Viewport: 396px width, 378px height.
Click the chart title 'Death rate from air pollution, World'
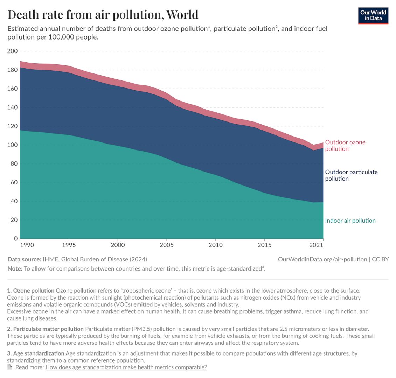pyautogui.click(x=103, y=14)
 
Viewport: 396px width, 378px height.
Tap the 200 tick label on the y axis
pyautogui.click(x=13, y=51)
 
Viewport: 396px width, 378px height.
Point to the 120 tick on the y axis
pyautogui.click(x=13, y=126)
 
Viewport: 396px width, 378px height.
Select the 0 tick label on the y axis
pyautogui.click(x=16, y=239)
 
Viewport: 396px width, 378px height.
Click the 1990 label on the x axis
pyautogui.click(x=27, y=245)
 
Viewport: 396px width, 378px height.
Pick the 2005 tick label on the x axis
pyautogui.click(x=167, y=245)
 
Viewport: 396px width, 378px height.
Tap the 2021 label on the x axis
pyautogui.click(x=316, y=245)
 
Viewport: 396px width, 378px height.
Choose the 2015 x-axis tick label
pyautogui.click(x=264, y=245)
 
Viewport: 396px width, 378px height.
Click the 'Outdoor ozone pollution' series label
pyautogui.click(x=345, y=145)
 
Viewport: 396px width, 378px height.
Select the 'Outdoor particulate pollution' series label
pyautogui.click(x=351, y=175)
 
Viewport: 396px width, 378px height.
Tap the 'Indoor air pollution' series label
pyautogui.click(x=350, y=220)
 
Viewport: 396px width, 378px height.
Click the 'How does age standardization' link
pyautogui.click(x=126, y=367)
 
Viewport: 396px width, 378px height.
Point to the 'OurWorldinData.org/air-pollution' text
pyautogui.click(x=322, y=259)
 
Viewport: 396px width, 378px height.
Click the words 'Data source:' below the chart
pyautogui.click(x=24, y=259)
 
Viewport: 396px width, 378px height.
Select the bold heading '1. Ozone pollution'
pyautogui.click(x=30, y=290)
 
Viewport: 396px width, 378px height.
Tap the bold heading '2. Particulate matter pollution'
pyautogui.click(x=45, y=329)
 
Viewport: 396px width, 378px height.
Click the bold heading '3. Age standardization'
pyautogui.click(x=35, y=353)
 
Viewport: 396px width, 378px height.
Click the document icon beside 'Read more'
pyautogui.click(x=10, y=367)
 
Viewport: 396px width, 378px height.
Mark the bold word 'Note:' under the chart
pyautogui.click(x=15, y=269)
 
